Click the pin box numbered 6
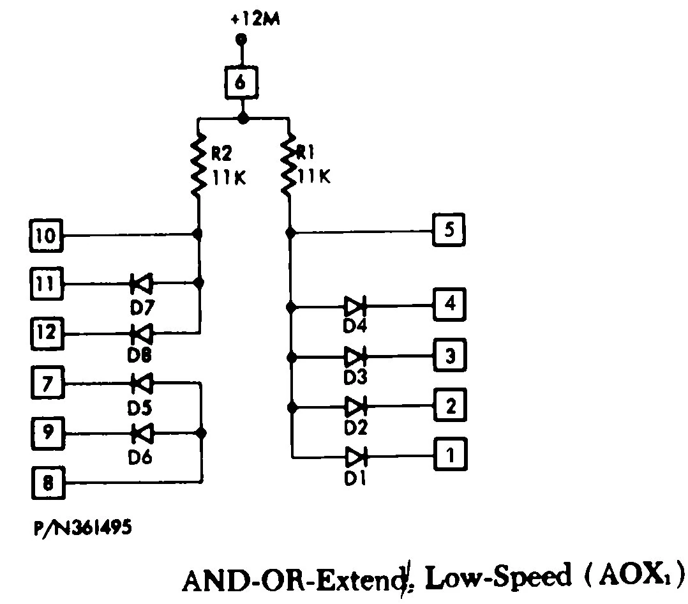(x=242, y=84)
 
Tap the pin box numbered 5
(x=449, y=230)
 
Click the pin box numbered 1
(x=451, y=455)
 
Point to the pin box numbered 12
(x=47, y=333)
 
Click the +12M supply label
(x=254, y=19)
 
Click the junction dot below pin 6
(x=242, y=118)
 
